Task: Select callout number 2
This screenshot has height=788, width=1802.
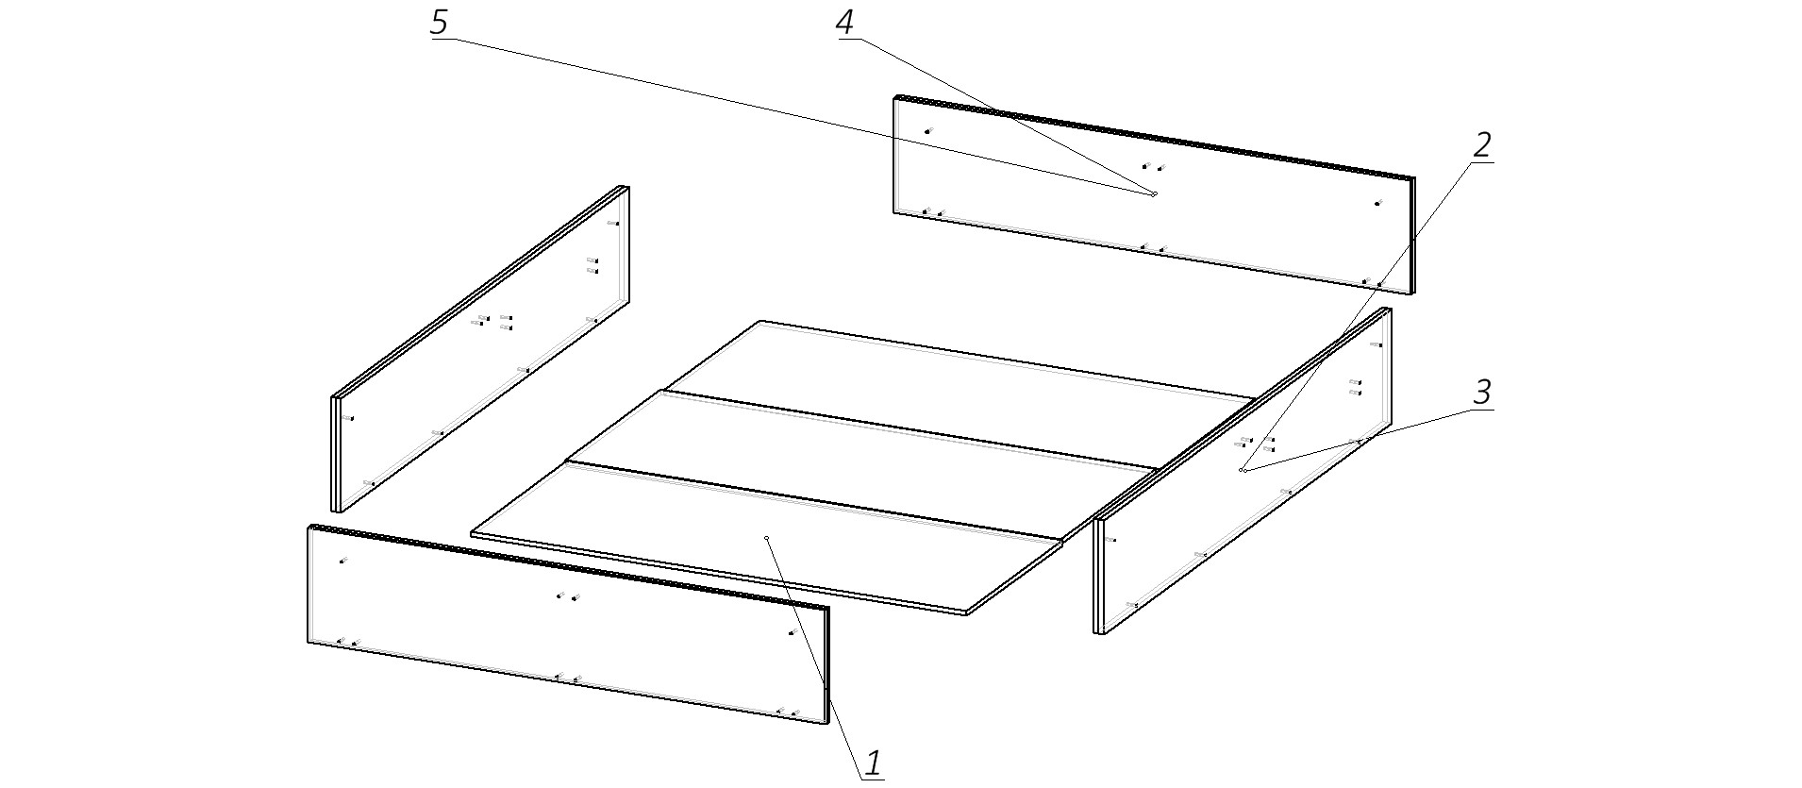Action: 1481,145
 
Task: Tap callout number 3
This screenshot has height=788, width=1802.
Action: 1482,393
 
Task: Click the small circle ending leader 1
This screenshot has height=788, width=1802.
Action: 768,538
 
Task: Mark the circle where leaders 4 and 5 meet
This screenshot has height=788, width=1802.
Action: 1154,194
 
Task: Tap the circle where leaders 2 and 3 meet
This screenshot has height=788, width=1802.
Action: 1242,469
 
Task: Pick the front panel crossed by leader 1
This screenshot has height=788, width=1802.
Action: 568,625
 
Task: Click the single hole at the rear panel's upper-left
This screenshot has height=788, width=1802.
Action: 927,131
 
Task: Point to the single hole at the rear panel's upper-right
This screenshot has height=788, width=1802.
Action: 1377,203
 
